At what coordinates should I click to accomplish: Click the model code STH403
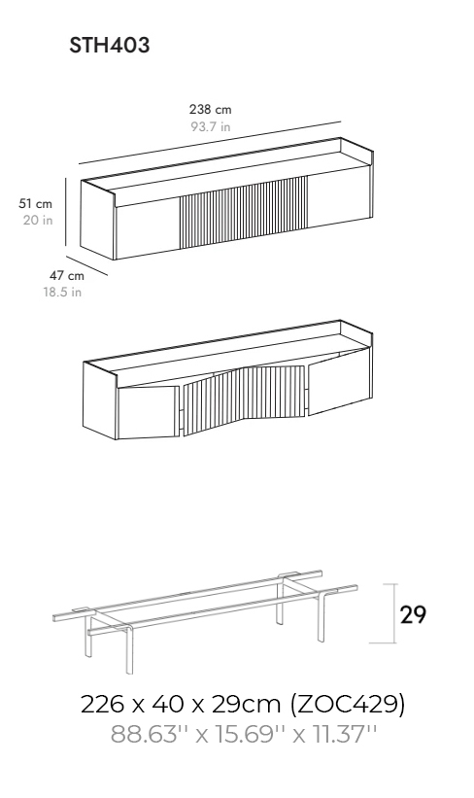(110, 45)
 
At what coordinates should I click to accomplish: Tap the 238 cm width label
(210, 110)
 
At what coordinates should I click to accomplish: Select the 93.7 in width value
(211, 126)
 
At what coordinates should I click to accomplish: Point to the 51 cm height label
(36, 203)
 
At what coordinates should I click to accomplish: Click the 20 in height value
(38, 220)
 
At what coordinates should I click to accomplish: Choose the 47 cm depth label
(67, 276)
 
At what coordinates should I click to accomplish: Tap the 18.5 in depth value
(62, 293)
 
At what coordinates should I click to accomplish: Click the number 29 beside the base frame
(413, 615)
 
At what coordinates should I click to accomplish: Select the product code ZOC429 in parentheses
(348, 705)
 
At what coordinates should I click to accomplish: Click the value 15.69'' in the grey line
(252, 735)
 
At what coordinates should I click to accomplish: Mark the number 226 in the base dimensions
(102, 705)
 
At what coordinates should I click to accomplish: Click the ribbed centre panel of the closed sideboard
(244, 213)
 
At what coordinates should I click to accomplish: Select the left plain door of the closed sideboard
(148, 228)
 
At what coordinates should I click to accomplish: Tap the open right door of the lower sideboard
(340, 382)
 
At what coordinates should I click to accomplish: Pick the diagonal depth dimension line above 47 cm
(87, 266)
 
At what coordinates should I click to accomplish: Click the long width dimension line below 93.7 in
(210, 143)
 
